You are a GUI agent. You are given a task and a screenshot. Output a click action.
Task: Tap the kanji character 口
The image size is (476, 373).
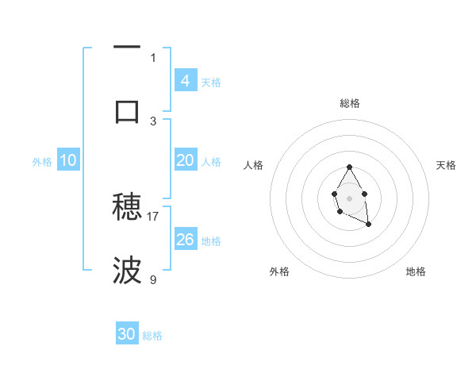coord(127,110)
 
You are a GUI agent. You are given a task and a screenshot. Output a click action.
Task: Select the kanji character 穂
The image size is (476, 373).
coord(127,206)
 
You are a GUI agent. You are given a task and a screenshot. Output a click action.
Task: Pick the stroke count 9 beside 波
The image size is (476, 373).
coord(153,279)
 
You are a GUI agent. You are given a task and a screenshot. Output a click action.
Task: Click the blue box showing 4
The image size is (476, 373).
coord(186,81)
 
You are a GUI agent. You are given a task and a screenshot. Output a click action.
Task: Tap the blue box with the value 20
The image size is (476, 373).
coord(186,160)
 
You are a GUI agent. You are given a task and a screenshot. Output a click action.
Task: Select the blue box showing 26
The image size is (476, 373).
coord(186,240)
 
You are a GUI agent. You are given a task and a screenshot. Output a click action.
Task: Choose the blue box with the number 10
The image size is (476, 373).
coord(68,160)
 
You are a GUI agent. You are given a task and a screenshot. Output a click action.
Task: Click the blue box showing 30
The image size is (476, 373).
coord(127,335)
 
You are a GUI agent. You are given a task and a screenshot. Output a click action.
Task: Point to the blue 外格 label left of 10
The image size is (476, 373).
coord(42,162)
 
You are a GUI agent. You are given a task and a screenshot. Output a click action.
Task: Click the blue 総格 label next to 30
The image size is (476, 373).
coord(152,336)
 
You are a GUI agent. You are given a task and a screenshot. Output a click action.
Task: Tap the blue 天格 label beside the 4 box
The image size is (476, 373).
coord(211,83)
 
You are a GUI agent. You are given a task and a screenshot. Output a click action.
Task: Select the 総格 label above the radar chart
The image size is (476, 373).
coord(349,103)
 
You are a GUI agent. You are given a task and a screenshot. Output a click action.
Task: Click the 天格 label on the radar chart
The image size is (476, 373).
coord(446,165)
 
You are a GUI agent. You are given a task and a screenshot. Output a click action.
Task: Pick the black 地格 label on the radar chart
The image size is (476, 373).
coord(416,271)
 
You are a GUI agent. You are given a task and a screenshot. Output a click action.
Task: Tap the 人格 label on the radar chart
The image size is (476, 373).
coord(254,165)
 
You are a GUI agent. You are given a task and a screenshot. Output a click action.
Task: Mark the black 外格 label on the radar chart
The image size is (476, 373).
coord(279,271)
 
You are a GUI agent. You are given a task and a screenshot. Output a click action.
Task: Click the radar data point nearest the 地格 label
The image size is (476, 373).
coord(369,225)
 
